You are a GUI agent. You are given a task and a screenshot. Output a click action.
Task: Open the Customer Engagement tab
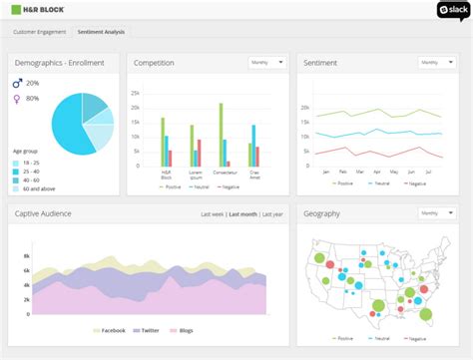click(40, 32)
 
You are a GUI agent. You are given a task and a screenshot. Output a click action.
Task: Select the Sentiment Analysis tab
click(102, 32)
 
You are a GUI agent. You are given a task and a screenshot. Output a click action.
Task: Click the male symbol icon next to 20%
click(17, 83)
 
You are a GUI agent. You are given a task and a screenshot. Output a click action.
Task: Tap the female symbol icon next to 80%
click(17, 99)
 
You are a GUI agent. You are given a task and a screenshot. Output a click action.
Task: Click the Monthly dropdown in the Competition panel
click(267, 62)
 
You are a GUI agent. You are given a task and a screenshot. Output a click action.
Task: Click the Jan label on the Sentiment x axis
click(325, 172)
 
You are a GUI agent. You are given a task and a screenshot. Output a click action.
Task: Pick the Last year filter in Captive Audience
click(272, 214)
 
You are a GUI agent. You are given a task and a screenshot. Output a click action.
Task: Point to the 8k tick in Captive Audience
click(27, 241)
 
